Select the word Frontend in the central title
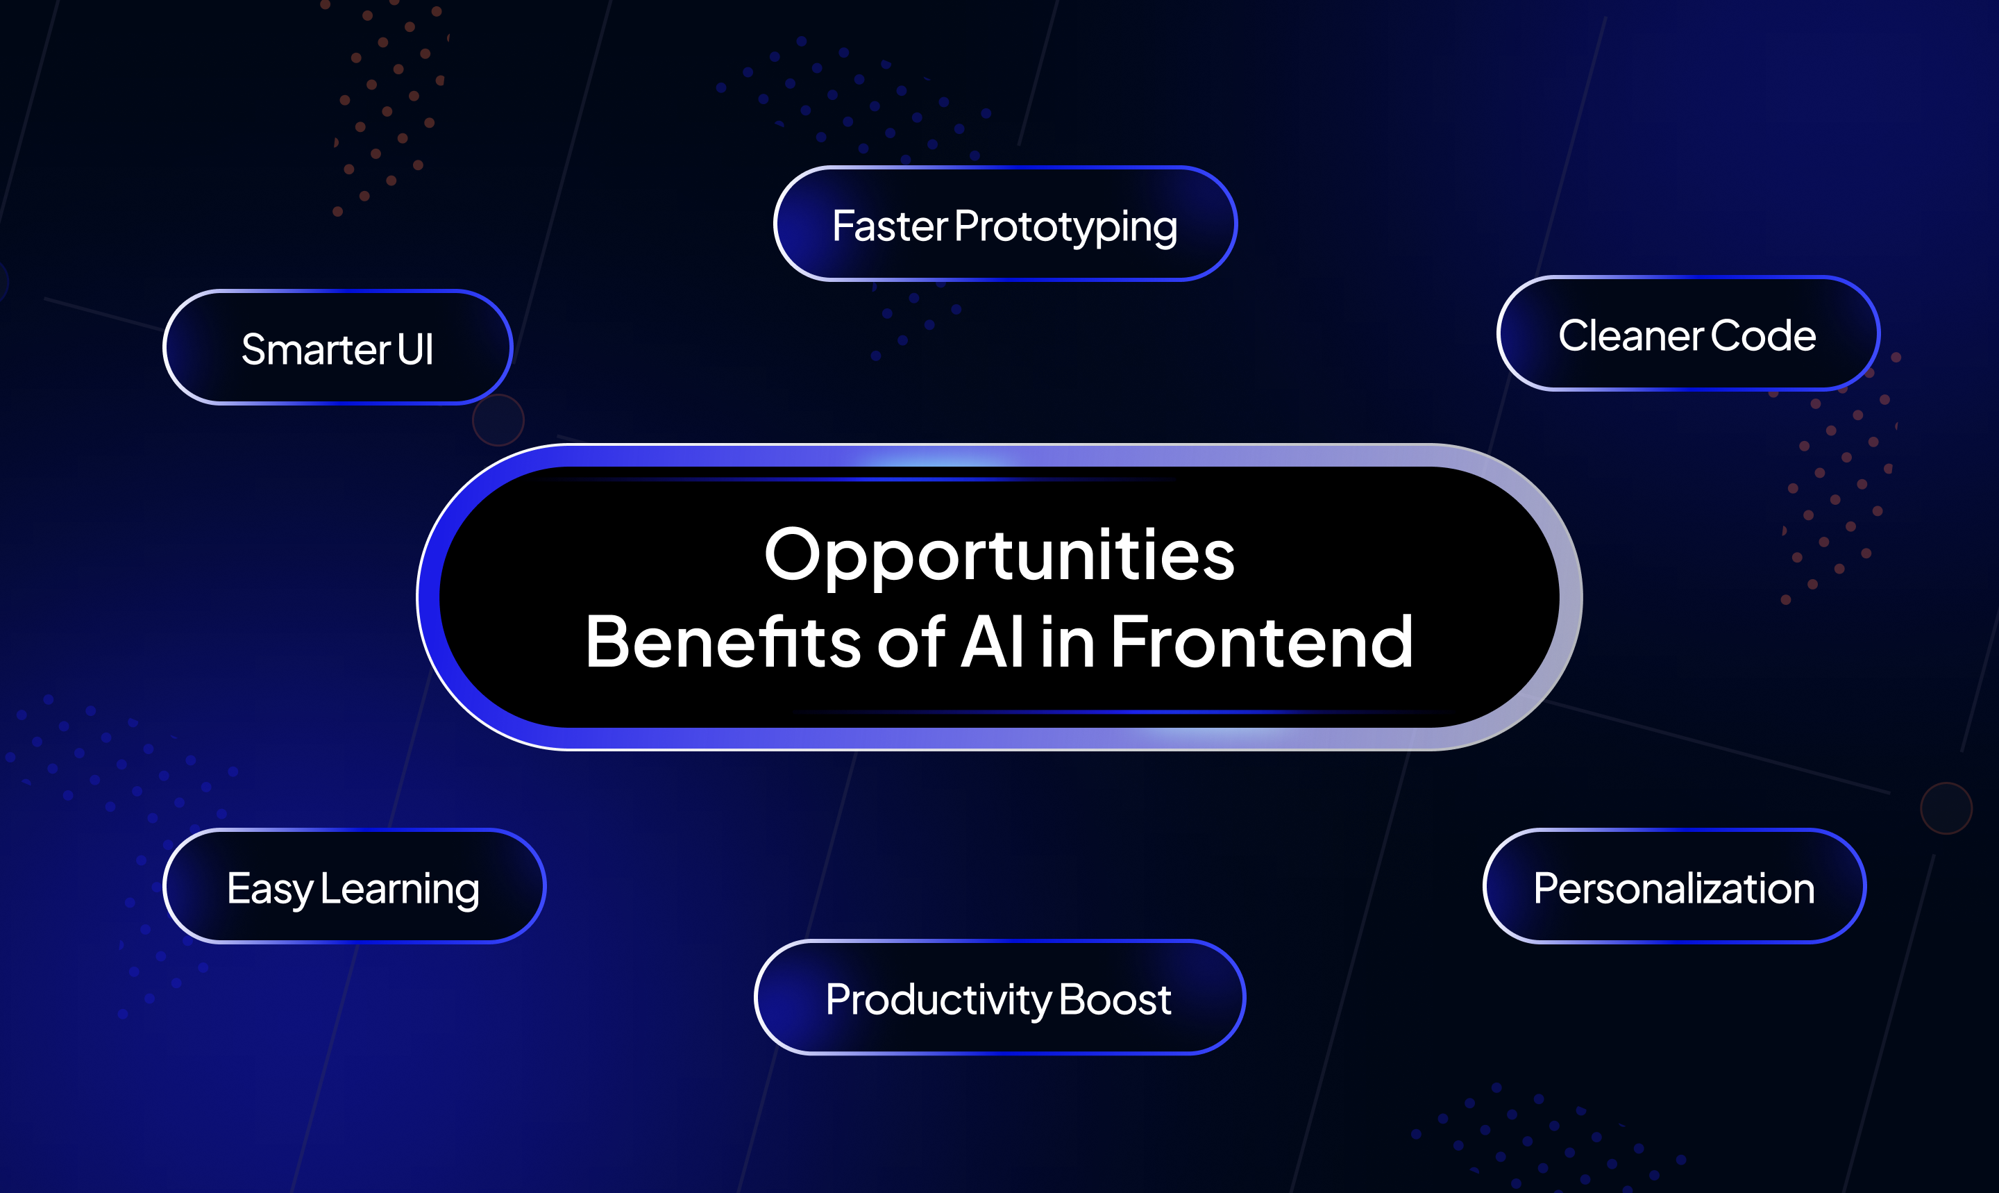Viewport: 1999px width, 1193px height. pos(1261,641)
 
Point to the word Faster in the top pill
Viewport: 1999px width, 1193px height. pos(891,226)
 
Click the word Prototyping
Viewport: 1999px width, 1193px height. pos(1066,228)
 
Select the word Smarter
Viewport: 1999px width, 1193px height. pos(316,350)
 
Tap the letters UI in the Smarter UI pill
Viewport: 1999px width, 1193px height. pos(415,350)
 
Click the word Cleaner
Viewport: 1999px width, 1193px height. pos(1631,336)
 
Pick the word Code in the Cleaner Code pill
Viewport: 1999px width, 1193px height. pos(1764,336)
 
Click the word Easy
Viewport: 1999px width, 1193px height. pos(270,891)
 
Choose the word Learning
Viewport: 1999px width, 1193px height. pos(400,891)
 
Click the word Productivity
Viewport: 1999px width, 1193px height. pos(939,1001)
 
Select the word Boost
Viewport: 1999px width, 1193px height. pos(1115,1000)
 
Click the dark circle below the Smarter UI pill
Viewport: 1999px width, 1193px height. pos(498,419)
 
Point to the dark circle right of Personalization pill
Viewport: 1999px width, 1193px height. pos(1946,808)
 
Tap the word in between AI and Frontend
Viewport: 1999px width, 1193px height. pos(1068,641)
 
